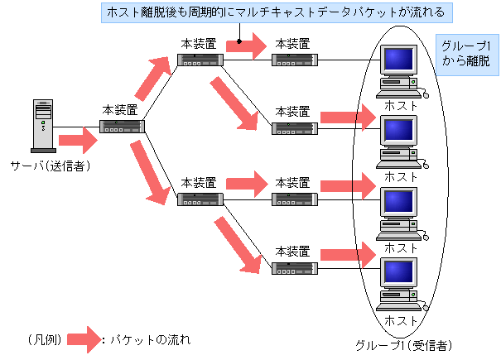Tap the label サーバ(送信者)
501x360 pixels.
coord(50,166)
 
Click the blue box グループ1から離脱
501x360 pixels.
coord(466,54)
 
